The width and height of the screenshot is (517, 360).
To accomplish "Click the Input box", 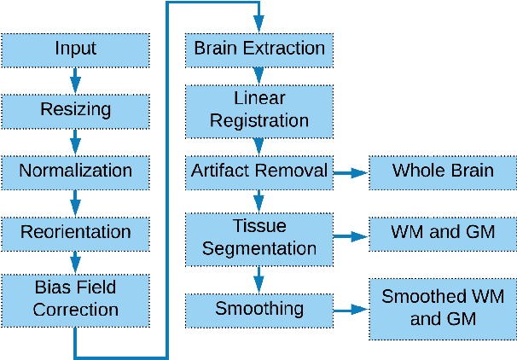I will click(x=75, y=49).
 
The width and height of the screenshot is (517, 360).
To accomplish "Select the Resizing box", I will click(x=75, y=110).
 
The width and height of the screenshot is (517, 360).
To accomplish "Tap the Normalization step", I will click(x=75, y=171).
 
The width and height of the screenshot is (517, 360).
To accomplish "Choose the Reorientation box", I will click(x=75, y=232).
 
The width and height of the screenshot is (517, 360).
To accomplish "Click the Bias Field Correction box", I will click(x=75, y=296).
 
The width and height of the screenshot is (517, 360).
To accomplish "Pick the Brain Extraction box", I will click(x=259, y=49).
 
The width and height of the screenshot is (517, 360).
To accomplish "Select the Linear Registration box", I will click(x=259, y=110).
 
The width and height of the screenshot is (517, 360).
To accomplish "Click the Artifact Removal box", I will click(x=259, y=171).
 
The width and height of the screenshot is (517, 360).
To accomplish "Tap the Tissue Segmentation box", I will click(x=259, y=238).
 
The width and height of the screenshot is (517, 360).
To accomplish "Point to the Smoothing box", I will click(x=259, y=308).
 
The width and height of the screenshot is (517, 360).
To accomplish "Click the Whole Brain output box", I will click(x=442, y=171).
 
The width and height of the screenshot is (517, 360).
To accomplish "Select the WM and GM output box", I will click(x=442, y=232).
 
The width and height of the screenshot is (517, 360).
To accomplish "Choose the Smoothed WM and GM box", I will click(x=442, y=308).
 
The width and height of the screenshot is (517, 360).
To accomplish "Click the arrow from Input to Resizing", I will click(x=75, y=79).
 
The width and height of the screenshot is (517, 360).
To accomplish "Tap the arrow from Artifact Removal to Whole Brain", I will click(x=350, y=171).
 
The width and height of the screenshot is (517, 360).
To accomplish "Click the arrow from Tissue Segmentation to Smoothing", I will click(x=259, y=279).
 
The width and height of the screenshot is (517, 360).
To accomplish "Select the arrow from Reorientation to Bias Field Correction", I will click(x=75, y=262).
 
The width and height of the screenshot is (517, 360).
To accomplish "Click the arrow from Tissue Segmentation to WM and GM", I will click(x=350, y=235).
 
